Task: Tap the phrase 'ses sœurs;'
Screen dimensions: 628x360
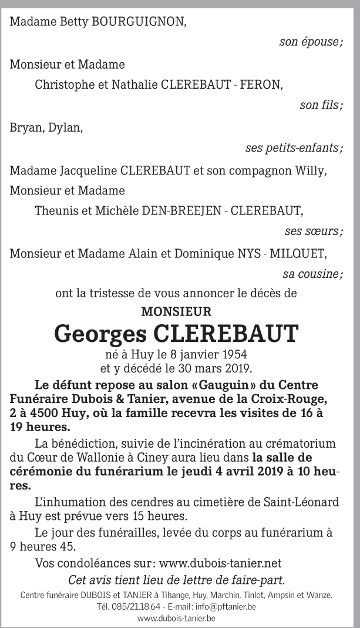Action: click(x=314, y=231)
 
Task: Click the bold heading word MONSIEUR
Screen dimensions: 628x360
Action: click(x=176, y=311)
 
